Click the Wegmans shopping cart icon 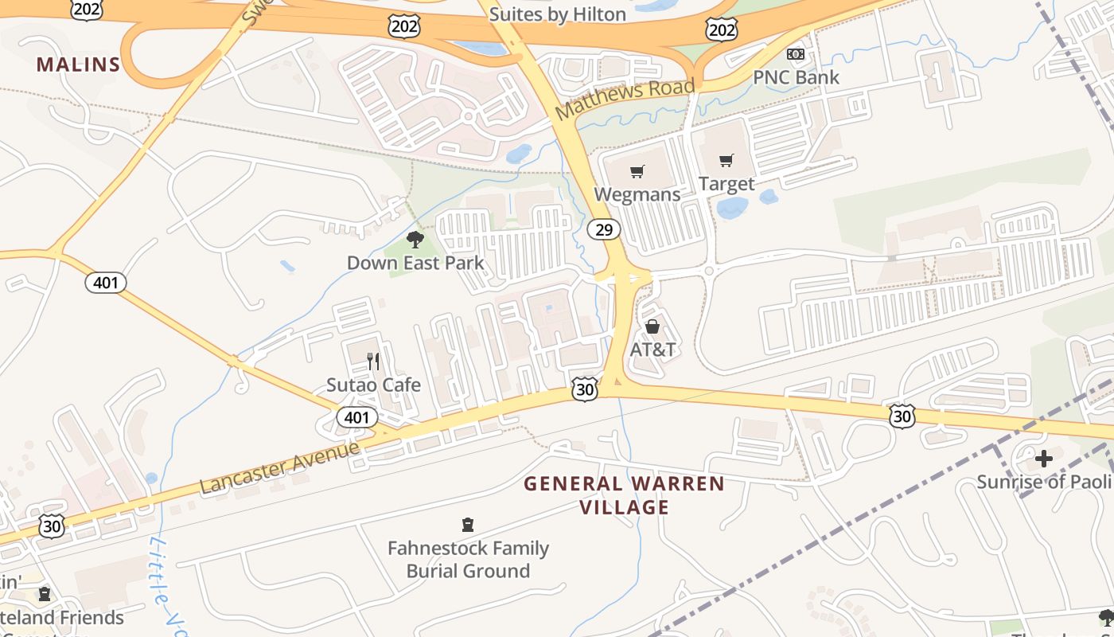[637, 171]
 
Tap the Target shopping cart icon [726, 161]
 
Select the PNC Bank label [797, 77]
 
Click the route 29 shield [604, 230]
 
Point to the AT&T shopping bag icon [652, 326]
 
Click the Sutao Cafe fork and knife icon [373, 361]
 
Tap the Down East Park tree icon [415, 239]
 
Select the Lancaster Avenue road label [279, 467]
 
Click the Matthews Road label [625, 99]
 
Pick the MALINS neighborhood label [78, 65]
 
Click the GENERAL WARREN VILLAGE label [625, 495]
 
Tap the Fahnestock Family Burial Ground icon [468, 525]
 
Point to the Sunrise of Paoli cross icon [1044, 459]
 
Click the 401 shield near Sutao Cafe [357, 417]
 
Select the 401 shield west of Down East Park [106, 283]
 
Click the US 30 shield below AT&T [585, 389]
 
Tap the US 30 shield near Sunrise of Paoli [902, 415]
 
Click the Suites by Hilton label [557, 14]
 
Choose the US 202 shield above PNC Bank [721, 29]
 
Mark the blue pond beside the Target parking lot [732, 208]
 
